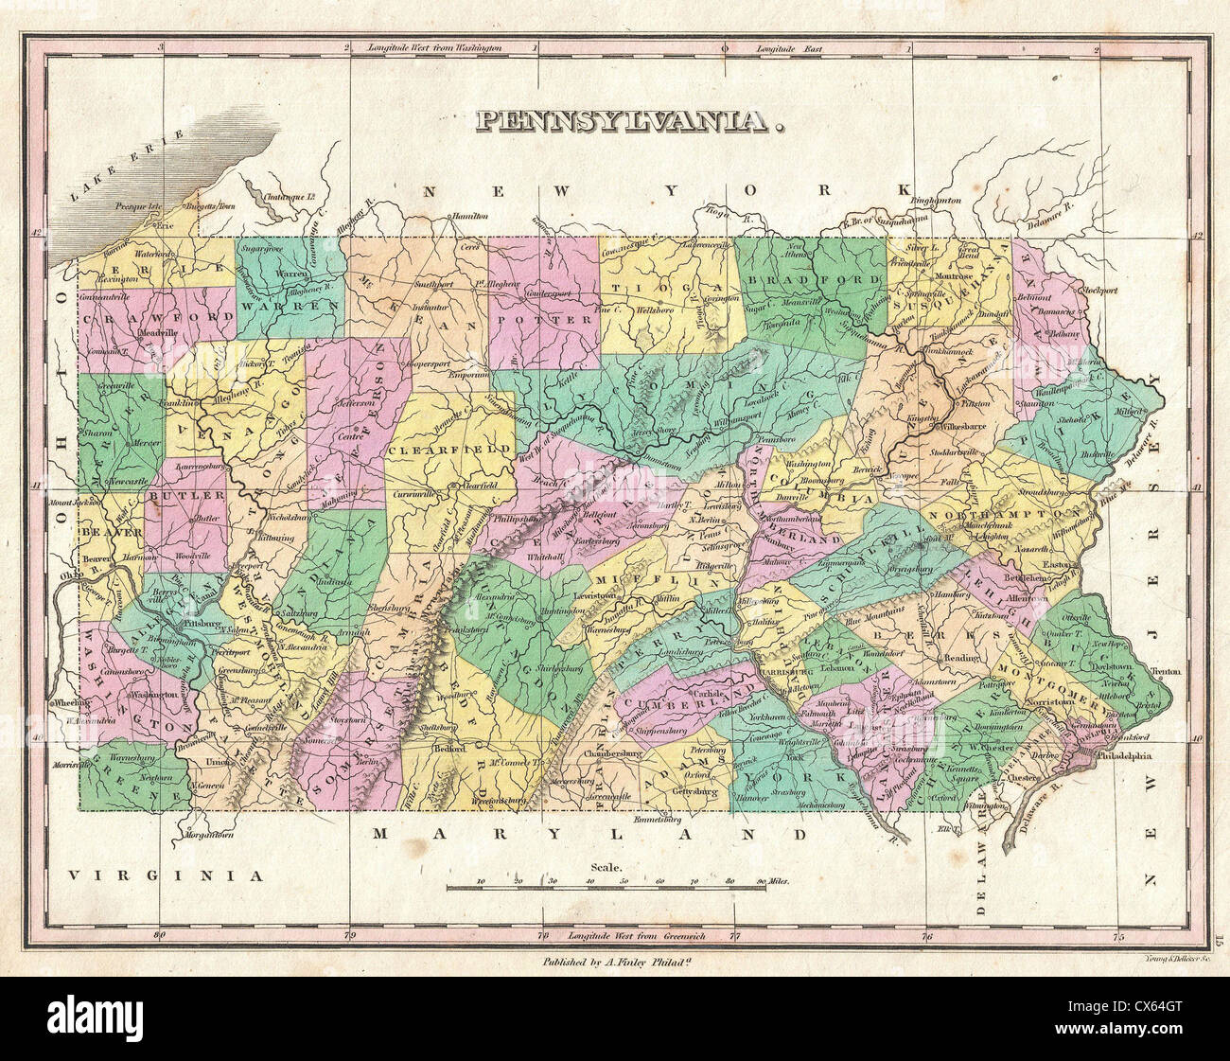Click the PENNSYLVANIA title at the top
(x=631, y=121)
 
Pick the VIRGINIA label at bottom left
(x=166, y=875)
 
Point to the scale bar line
(x=606, y=889)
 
